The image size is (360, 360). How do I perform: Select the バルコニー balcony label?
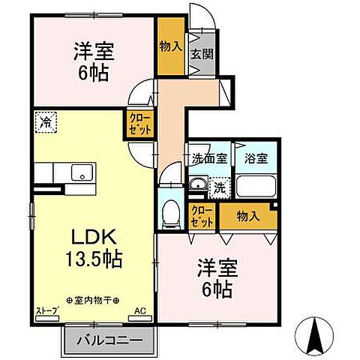[x=109, y=339]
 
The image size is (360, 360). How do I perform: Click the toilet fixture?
[x=171, y=211]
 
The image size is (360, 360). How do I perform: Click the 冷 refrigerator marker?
[x=45, y=121]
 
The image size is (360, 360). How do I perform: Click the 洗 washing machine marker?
[x=220, y=186]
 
